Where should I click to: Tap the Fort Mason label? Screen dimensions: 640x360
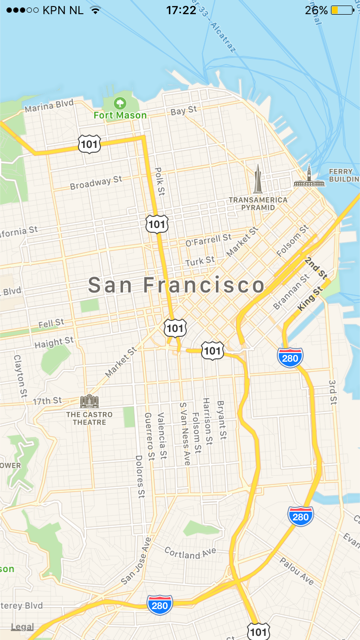click(119, 115)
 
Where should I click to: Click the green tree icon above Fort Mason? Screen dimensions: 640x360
click(120, 102)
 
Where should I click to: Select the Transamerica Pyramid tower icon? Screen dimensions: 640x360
click(258, 179)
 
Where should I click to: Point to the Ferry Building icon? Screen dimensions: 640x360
click(309, 176)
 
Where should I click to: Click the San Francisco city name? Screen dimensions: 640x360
click(176, 285)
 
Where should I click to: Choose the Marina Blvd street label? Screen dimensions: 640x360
click(49, 107)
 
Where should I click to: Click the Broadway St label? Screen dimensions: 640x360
click(96, 184)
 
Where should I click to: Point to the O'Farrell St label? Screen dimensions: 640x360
click(208, 242)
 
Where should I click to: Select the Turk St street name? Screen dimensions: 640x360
click(200, 261)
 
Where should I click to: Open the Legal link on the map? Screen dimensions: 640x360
click(22, 627)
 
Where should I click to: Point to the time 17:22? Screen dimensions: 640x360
click(181, 9)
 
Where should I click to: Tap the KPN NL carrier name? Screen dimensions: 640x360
click(63, 9)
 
